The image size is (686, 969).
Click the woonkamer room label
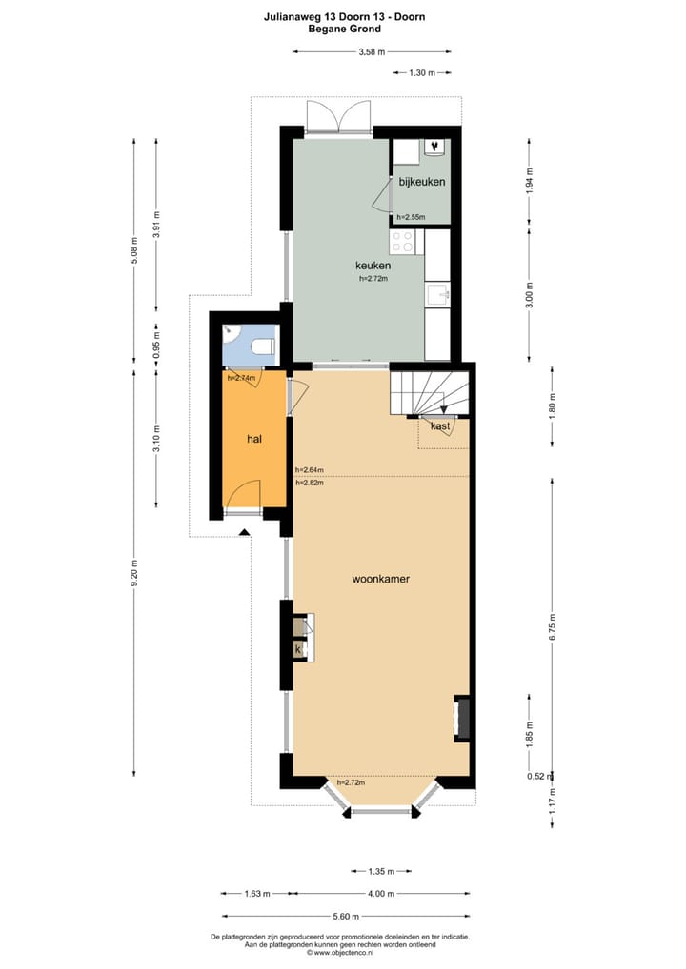pos(380,579)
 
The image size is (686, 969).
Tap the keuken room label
pos(373,266)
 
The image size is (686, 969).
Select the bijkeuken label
pos(422,182)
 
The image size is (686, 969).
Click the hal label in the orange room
pos(253,439)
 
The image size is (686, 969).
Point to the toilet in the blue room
pos(264,346)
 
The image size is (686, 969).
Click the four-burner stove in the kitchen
pos(403,242)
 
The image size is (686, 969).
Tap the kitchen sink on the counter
pos(438,295)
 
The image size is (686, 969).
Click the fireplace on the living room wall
pos(462,718)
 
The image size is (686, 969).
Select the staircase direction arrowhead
pos(444,409)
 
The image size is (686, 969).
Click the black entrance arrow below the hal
pos(244,531)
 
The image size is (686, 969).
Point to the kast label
pos(440,426)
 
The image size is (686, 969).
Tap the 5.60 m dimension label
pos(346,916)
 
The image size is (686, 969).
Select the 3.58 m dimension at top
pos(372,52)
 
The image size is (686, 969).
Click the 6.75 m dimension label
pos(552,625)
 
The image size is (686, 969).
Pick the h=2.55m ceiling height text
pos(411,217)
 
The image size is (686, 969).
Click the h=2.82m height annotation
pos(310,484)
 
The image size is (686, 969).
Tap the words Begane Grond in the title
pos(345,29)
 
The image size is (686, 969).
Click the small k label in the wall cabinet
pos(298,649)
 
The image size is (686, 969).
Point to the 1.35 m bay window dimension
pos(381,871)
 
